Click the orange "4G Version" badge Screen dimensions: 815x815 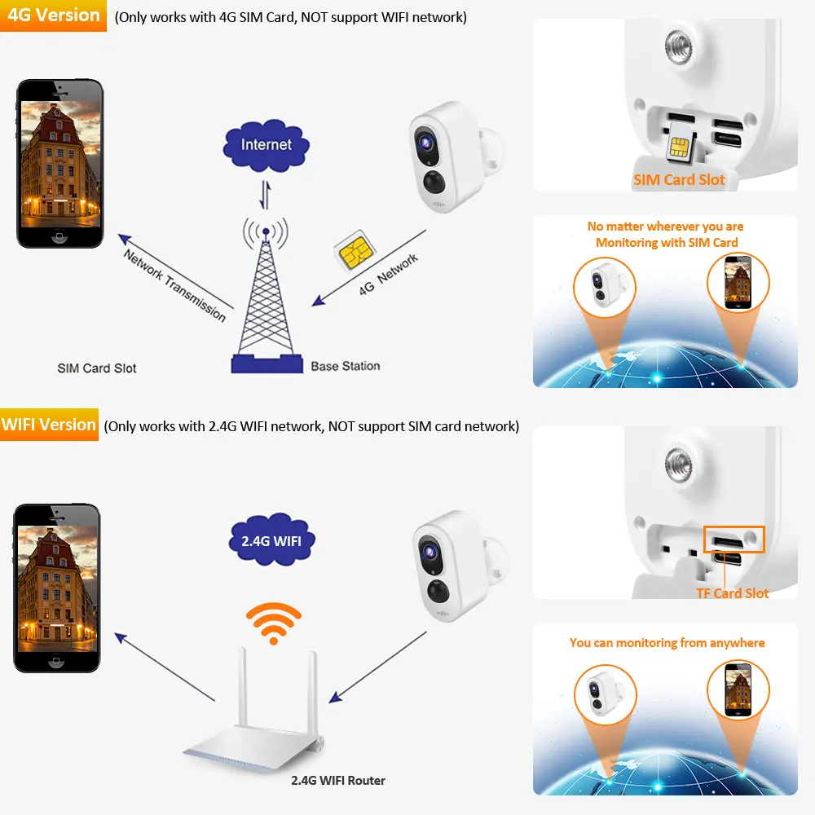pos(53,15)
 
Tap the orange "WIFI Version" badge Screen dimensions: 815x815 pos(49,425)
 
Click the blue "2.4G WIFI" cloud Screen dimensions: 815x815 pos(271,540)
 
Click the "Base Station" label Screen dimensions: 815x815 pos(345,366)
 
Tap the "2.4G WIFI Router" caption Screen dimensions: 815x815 pos(338,780)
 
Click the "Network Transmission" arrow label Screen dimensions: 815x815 pos(174,284)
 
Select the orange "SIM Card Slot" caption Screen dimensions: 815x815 pos(679,180)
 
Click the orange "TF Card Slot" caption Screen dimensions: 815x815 pos(732,593)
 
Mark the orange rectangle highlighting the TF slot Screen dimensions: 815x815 pos(733,539)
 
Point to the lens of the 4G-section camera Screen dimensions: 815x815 pos(425,142)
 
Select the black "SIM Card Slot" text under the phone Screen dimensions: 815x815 pos(97,368)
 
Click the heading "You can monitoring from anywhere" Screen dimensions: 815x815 pos(667,642)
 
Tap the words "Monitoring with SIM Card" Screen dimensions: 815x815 pos(666,242)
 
